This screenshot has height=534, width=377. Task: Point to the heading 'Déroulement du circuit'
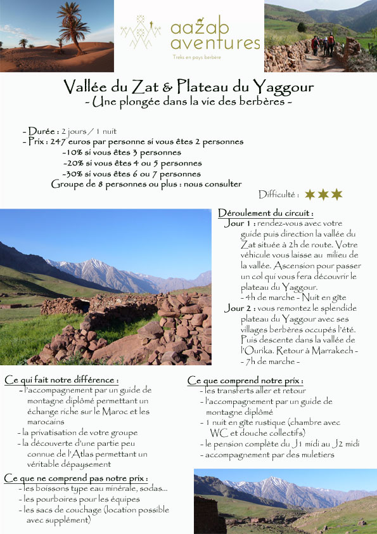pos(265,213)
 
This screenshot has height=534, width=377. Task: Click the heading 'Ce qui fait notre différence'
pos(61,380)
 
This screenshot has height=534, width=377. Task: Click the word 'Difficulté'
pos(278,195)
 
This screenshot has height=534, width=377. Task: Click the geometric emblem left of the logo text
pos(141,33)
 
